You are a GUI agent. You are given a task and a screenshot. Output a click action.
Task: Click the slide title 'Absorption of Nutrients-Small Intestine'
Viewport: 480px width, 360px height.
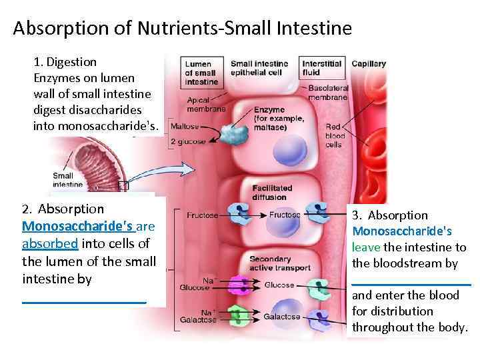pos(181,29)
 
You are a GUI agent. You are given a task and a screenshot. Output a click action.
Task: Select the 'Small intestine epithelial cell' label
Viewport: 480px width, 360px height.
pos(259,68)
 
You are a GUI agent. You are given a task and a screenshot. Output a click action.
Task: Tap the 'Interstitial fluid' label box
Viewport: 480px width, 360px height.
pos(321,68)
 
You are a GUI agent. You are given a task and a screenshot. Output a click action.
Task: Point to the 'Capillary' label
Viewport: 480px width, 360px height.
pos(369,64)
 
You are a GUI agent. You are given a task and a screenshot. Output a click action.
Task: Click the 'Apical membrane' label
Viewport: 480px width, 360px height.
pos(205,104)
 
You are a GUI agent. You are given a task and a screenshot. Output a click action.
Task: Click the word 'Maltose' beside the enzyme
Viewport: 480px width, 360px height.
pos(185,126)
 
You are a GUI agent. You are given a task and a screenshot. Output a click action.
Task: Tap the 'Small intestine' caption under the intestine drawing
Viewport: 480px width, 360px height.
pos(67,180)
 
